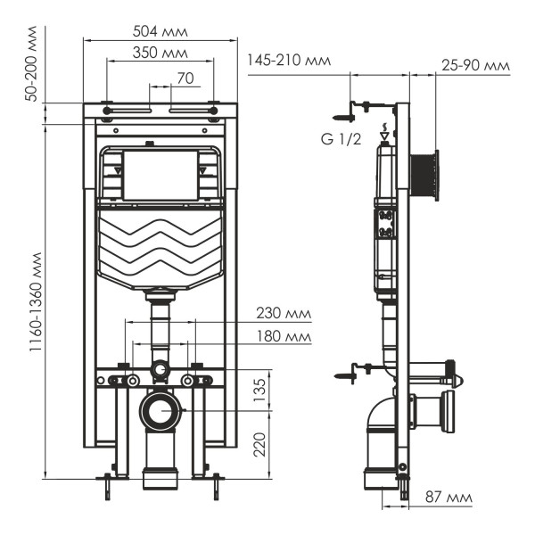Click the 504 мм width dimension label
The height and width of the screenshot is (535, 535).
click(x=160, y=32)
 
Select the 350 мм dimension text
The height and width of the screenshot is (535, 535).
click(x=160, y=53)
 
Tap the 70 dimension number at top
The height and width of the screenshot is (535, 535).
click(x=185, y=78)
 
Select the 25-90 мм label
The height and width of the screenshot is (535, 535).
click(x=475, y=65)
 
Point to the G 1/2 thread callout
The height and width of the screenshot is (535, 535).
click(x=342, y=140)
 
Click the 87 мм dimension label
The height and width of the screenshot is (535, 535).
click(x=447, y=497)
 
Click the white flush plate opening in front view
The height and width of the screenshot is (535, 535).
click(x=160, y=176)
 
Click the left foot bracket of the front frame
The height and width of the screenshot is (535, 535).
click(x=109, y=481)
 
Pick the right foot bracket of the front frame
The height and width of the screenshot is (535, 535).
click(x=215, y=481)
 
